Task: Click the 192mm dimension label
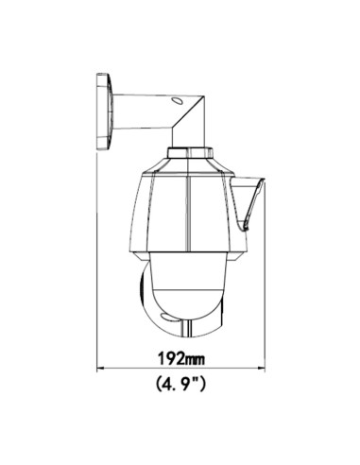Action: [x=181, y=358]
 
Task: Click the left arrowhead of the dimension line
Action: [x=100, y=368]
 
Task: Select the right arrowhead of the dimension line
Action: [x=262, y=368]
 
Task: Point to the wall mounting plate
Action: [x=104, y=112]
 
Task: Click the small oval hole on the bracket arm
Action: [x=177, y=100]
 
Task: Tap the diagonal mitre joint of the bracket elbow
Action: [x=188, y=112]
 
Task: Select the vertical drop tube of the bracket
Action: [x=188, y=137]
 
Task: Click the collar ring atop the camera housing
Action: [x=190, y=152]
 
